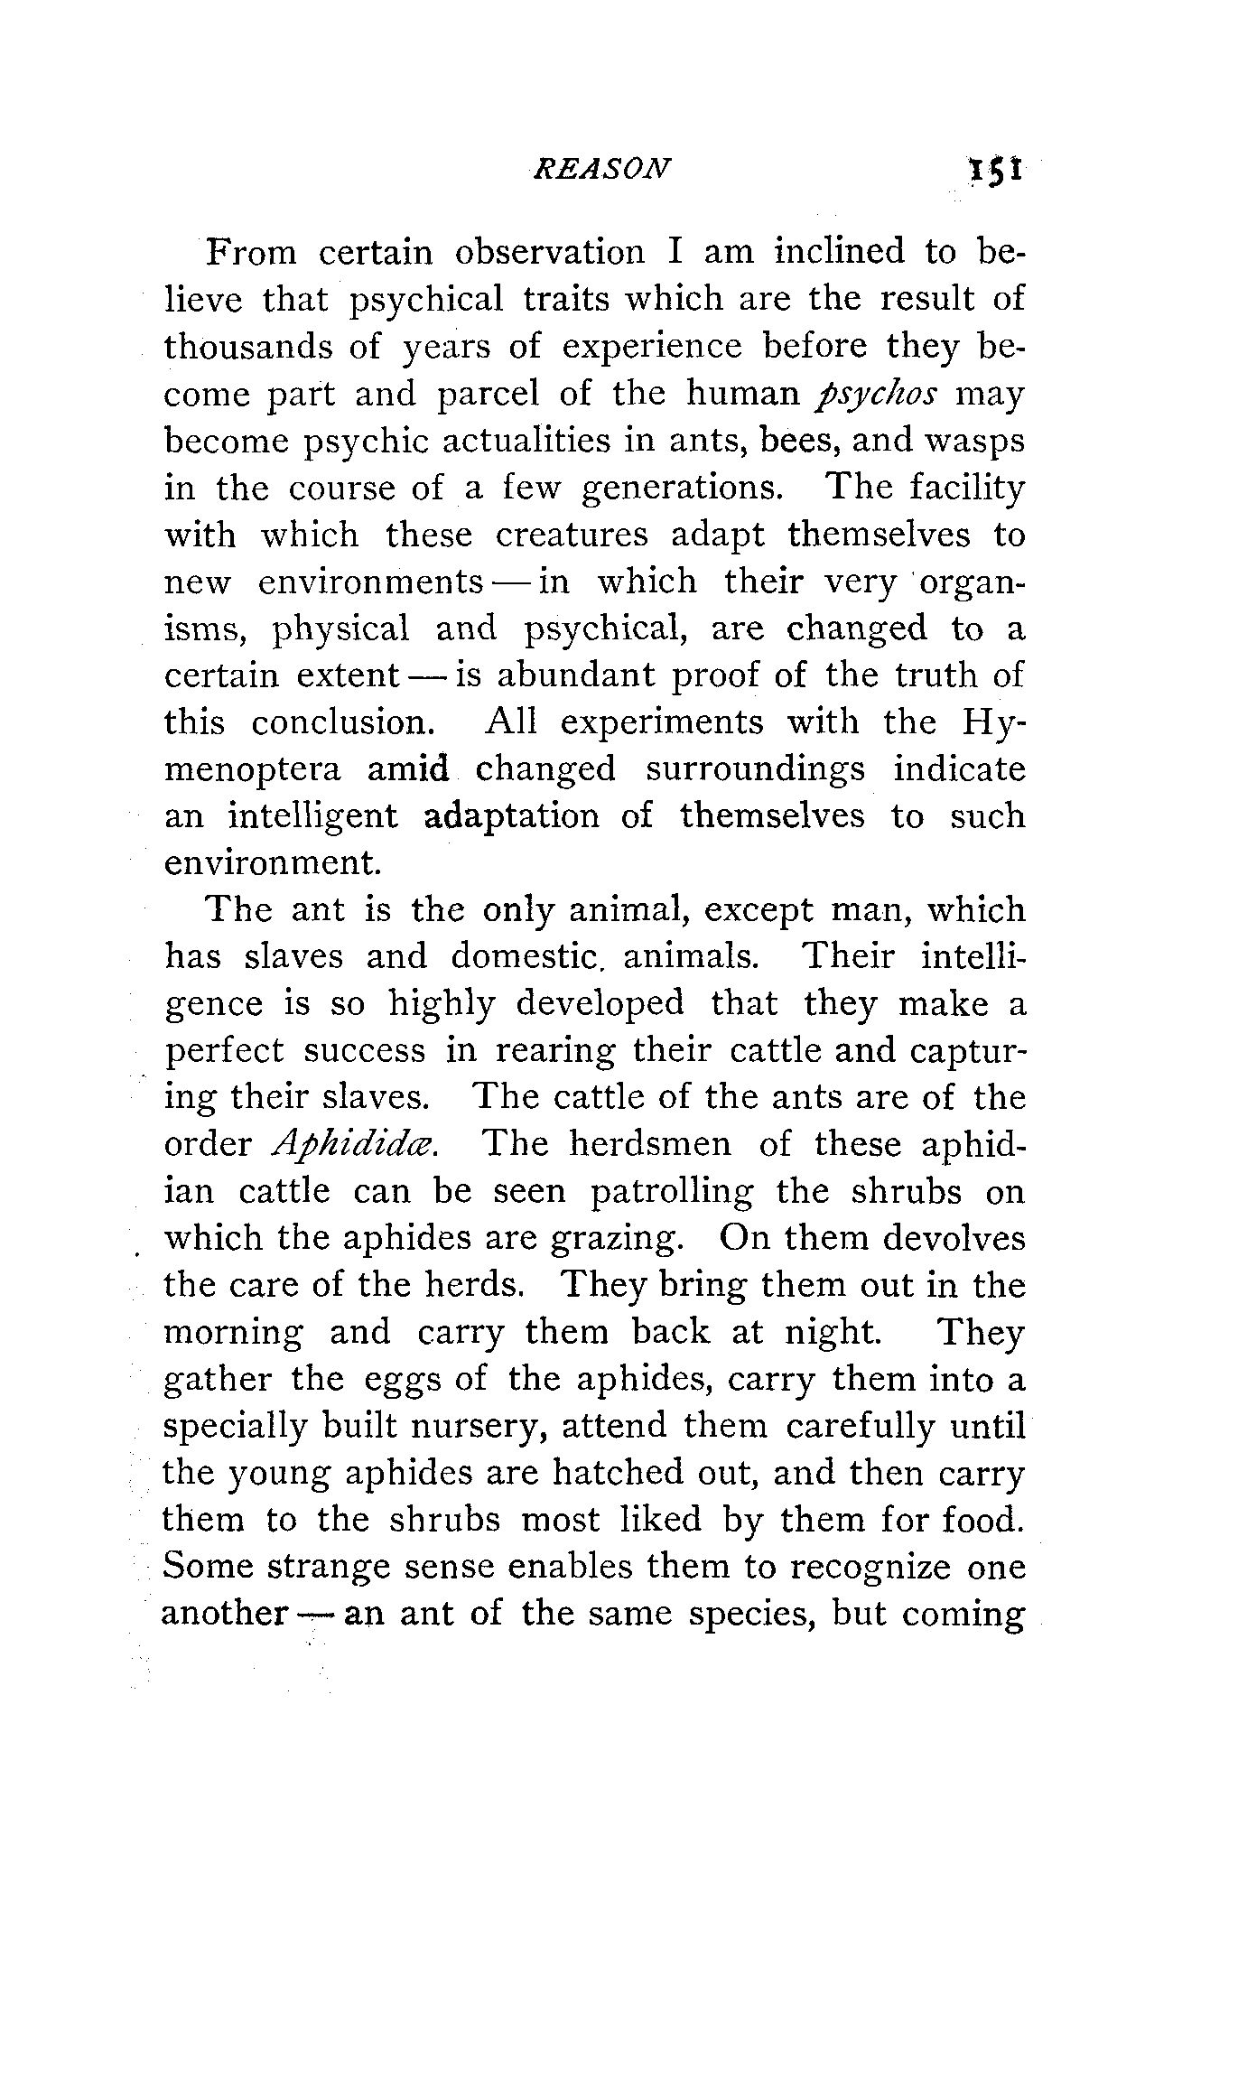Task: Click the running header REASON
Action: tap(602, 168)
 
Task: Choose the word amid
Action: tap(408, 769)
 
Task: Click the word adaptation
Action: tap(511, 816)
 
